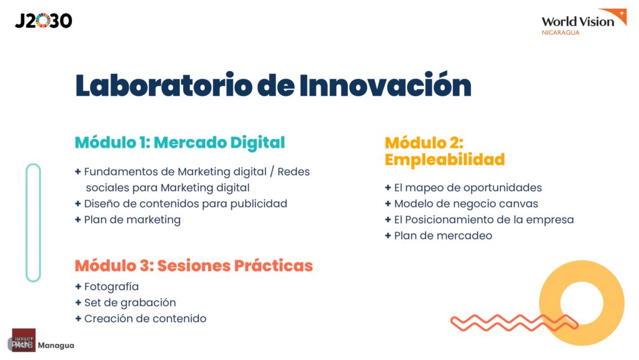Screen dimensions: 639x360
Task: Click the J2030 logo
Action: click(x=43, y=20)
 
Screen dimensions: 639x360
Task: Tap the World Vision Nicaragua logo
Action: click(x=584, y=22)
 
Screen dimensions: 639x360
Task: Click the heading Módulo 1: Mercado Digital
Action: click(x=180, y=143)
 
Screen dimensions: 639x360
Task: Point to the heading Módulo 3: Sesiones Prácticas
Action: click(x=194, y=266)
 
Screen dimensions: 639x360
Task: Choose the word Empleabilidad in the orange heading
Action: click(x=445, y=160)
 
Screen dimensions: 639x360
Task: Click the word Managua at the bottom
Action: click(x=56, y=345)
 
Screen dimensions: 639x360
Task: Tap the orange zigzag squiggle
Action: click(x=514, y=323)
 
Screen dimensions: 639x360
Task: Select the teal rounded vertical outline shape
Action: click(x=27, y=223)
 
